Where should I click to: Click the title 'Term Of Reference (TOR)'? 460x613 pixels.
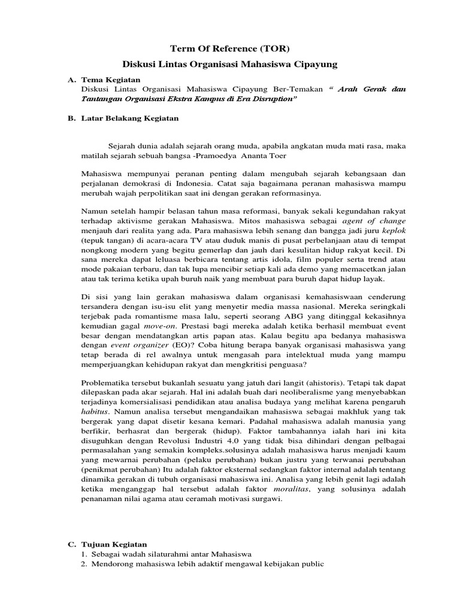coord(229,48)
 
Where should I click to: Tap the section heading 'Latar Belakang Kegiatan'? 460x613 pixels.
coord(130,119)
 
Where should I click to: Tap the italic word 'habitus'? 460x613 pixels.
coord(95,412)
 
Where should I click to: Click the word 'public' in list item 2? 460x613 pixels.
coord(311,564)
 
